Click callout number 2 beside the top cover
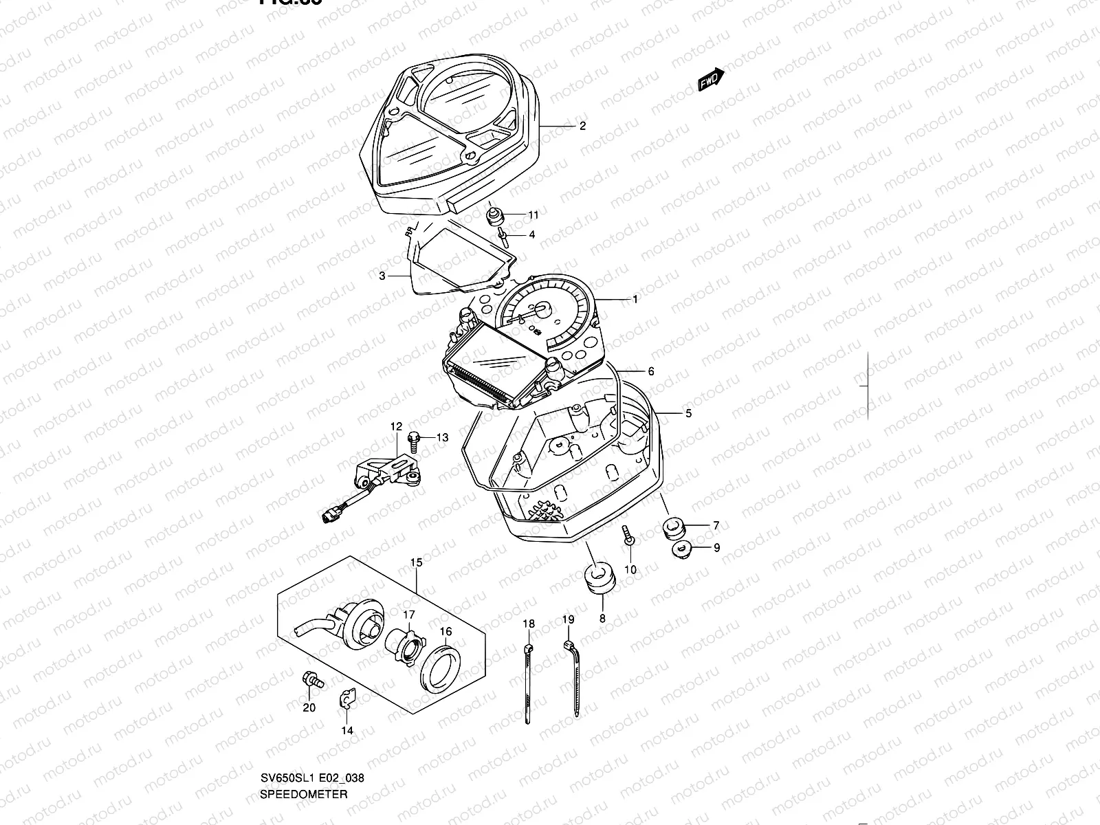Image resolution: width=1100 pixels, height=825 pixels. tap(582, 126)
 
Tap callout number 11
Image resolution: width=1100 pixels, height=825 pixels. tap(533, 215)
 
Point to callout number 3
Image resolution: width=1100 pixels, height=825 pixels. tap(382, 276)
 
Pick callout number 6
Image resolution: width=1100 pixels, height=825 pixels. tap(650, 372)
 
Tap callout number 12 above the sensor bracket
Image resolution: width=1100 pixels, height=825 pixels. tap(396, 427)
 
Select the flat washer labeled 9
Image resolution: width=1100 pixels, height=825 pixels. tap(681, 549)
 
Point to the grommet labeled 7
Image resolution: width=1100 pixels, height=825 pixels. tap(674, 529)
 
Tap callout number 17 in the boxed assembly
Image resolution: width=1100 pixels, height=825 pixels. tap(408, 615)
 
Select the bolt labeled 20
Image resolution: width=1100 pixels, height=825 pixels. tap(311, 680)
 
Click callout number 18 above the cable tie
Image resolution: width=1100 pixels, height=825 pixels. tap(528, 624)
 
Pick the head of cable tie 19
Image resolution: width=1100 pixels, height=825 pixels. tap(567, 645)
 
